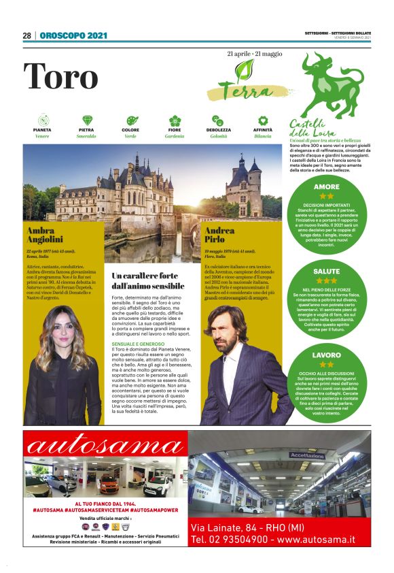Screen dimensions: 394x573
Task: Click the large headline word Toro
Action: (61, 76)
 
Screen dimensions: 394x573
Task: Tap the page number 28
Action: (27, 35)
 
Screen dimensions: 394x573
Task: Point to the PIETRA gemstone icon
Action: (87, 120)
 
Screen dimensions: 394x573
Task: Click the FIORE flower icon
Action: (175, 120)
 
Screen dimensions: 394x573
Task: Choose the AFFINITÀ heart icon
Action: (263, 120)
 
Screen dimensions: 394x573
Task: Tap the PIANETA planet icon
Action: (42, 120)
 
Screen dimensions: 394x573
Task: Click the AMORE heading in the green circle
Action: (326, 186)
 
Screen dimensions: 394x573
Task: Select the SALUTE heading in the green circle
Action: (326, 271)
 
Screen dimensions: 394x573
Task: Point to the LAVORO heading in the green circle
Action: (326, 355)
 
